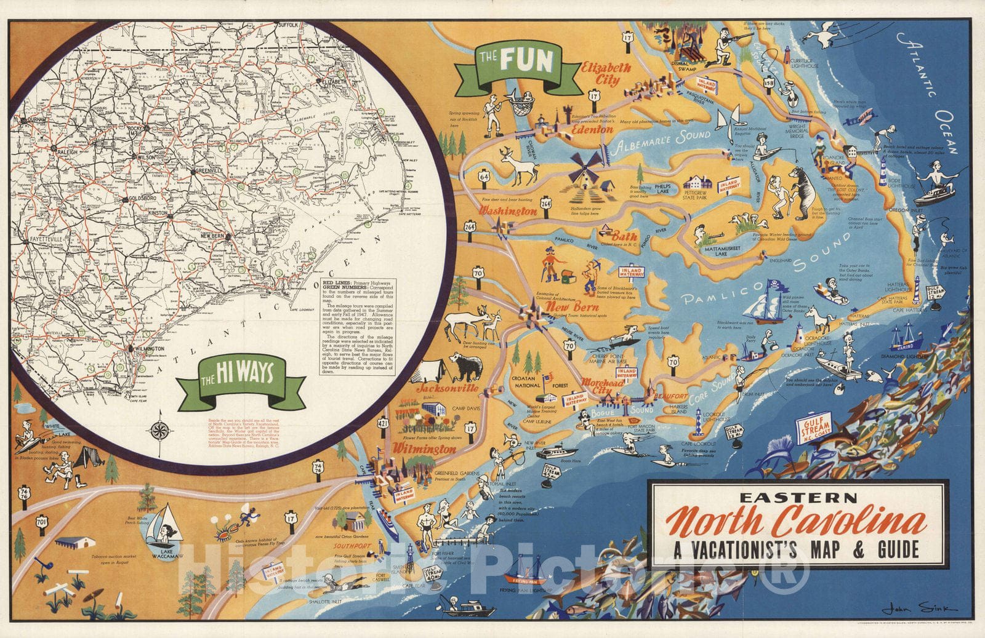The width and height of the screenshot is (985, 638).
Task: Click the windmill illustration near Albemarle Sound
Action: coord(585,167)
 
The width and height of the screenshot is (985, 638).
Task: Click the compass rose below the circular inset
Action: coord(159,429)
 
